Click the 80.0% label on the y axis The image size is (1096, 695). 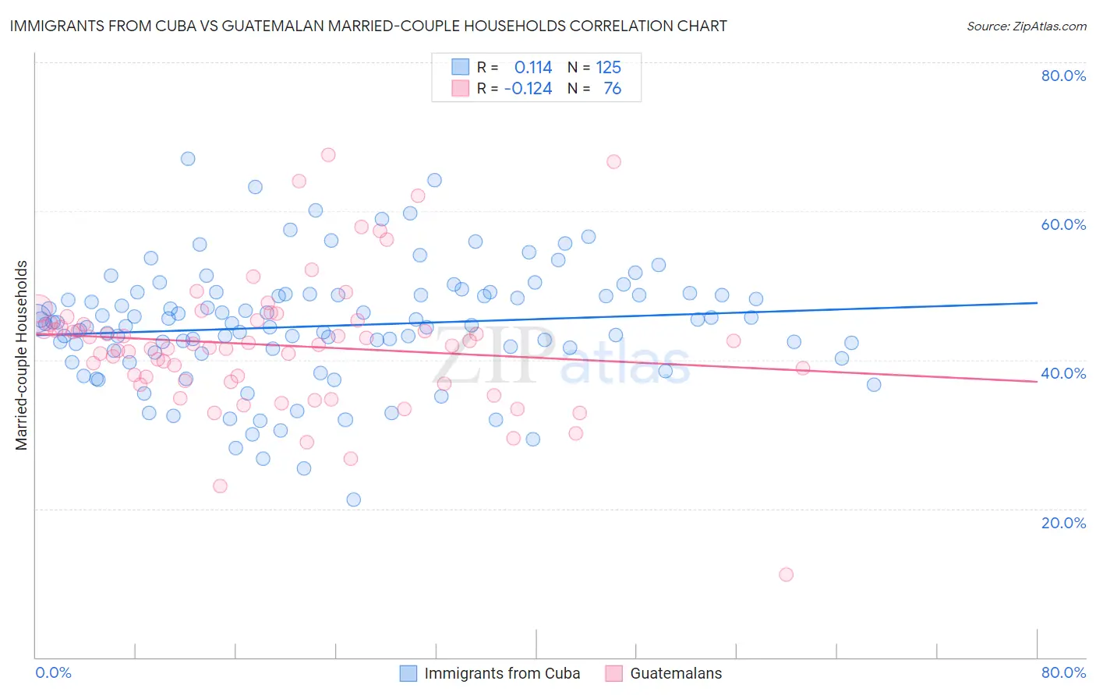1063,76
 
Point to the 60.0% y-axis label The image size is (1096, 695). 1063,224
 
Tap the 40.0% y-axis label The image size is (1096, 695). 1063,373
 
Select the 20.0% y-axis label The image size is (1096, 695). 1063,522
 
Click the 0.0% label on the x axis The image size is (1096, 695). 53,672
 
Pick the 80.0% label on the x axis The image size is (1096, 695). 1063,672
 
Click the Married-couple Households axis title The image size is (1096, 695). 22,355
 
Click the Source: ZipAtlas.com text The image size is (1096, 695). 1026,26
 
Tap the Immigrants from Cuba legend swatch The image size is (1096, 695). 408,673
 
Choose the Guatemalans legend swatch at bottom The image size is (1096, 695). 614,673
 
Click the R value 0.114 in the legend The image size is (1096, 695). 533,68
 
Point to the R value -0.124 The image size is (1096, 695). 528,89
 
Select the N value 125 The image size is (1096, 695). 608,68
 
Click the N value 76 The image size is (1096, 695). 612,89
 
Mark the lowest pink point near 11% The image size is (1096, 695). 786,574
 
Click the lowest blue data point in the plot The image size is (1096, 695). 353,499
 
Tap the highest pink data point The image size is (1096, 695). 328,155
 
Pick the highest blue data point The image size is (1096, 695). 188,159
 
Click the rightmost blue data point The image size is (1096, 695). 874,384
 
